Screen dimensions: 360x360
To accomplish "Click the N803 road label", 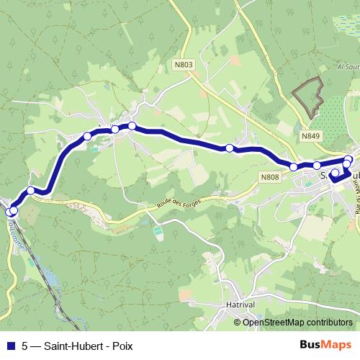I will (x=184, y=65).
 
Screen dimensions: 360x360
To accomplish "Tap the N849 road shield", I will (x=311, y=135).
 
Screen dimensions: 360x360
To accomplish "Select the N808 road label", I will (x=270, y=177).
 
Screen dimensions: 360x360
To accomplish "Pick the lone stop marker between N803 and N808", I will (x=230, y=148).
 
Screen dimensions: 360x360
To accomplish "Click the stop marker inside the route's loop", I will (x=334, y=173).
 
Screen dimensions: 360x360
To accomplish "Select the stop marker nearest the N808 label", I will (x=294, y=167).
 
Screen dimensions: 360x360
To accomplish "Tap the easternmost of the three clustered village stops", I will (x=132, y=126).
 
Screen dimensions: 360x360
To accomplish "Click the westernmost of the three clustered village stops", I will (x=88, y=136).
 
